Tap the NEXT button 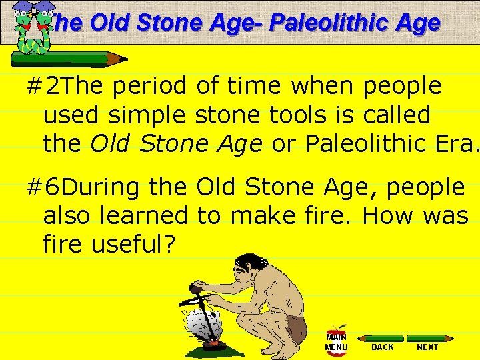click(x=427, y=347)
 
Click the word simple click(x=148, y=115)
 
